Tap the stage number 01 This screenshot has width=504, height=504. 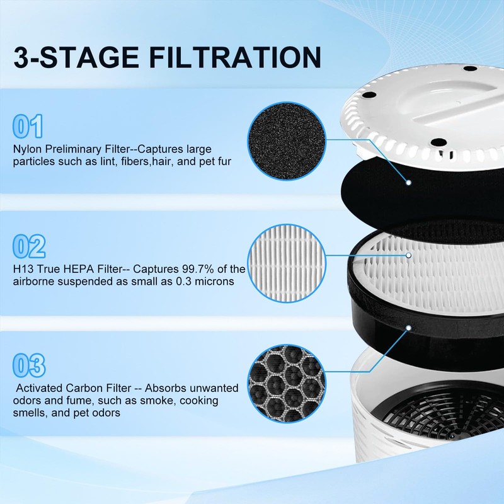click(x=28, y=126)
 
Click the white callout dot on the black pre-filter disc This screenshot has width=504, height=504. click(x=409, y=183)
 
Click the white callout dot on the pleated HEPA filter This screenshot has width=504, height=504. click(x=409, y=256)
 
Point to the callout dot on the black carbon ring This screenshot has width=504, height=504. click(x=409, y=328)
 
